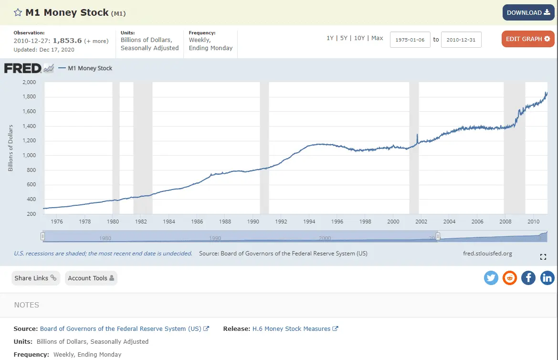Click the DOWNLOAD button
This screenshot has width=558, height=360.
point(528,12)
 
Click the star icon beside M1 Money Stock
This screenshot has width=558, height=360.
point(18,13)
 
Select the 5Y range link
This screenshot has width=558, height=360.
point(344,38)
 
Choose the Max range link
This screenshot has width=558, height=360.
point(377,38)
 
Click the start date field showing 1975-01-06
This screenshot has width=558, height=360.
point(410,40)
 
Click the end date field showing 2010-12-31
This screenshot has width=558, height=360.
point(461,40)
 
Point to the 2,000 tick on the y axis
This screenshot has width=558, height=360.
point(29,82)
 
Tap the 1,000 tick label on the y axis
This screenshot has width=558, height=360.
point(29,156)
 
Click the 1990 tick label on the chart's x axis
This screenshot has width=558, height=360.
point(253,222)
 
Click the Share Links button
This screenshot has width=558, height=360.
point(35,278)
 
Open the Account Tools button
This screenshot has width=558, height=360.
point(91,278)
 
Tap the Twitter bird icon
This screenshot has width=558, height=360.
point(491,278)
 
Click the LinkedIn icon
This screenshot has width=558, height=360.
point(547,278)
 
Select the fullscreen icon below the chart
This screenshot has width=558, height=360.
point(543,257)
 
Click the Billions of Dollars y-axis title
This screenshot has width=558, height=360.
point(11,148)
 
